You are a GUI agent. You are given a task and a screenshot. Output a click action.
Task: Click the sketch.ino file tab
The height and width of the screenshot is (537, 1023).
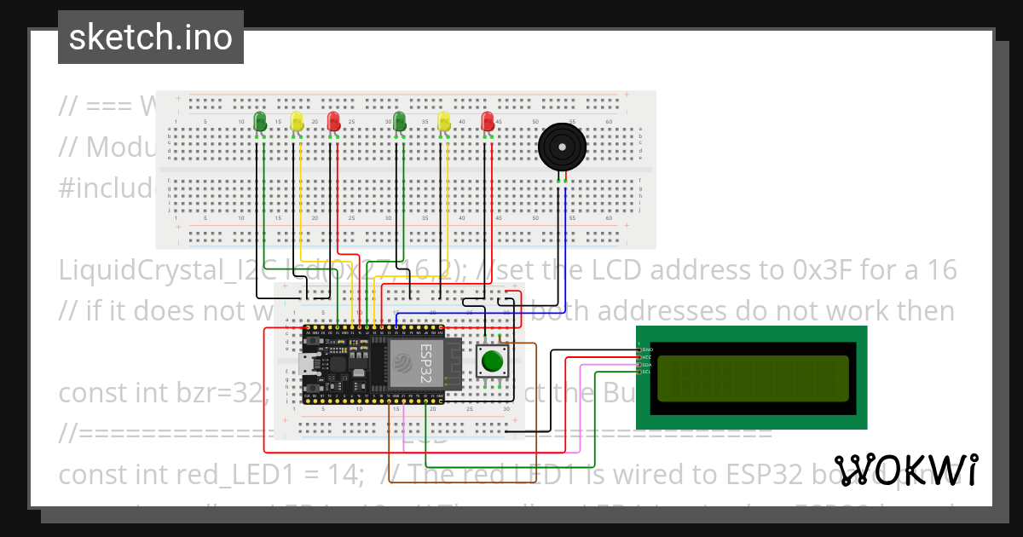pyautogui.click(x=150, y=38)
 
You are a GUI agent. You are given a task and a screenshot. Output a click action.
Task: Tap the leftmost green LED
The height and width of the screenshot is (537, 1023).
pyautogui.click(x=260, y=122)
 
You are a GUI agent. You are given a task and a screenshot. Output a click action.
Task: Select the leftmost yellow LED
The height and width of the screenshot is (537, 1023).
pyautogui.click(x=297, y=122)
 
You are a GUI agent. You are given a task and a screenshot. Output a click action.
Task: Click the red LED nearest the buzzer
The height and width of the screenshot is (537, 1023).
pyautogui.click(x=487, y=122)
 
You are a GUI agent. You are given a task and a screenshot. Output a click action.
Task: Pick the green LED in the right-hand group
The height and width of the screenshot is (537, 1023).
pyautogui.click(x=398, y=122)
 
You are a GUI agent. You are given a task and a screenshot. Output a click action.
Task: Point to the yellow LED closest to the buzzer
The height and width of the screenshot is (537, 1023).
pyautogui.click(x=443, y=122)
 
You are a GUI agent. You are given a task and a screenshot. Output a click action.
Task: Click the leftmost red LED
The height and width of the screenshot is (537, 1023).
pyautogui.click(x=333, y=122)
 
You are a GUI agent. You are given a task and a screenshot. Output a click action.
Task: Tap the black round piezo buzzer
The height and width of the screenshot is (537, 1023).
pyautogui.click(x=562, y=147)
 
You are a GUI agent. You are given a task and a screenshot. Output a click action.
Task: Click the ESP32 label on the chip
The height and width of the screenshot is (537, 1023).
pyautogui.click(x=426, y=357)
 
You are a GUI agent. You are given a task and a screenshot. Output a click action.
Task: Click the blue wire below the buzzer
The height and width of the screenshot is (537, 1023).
pyautogui.click(x=565, y=239)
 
